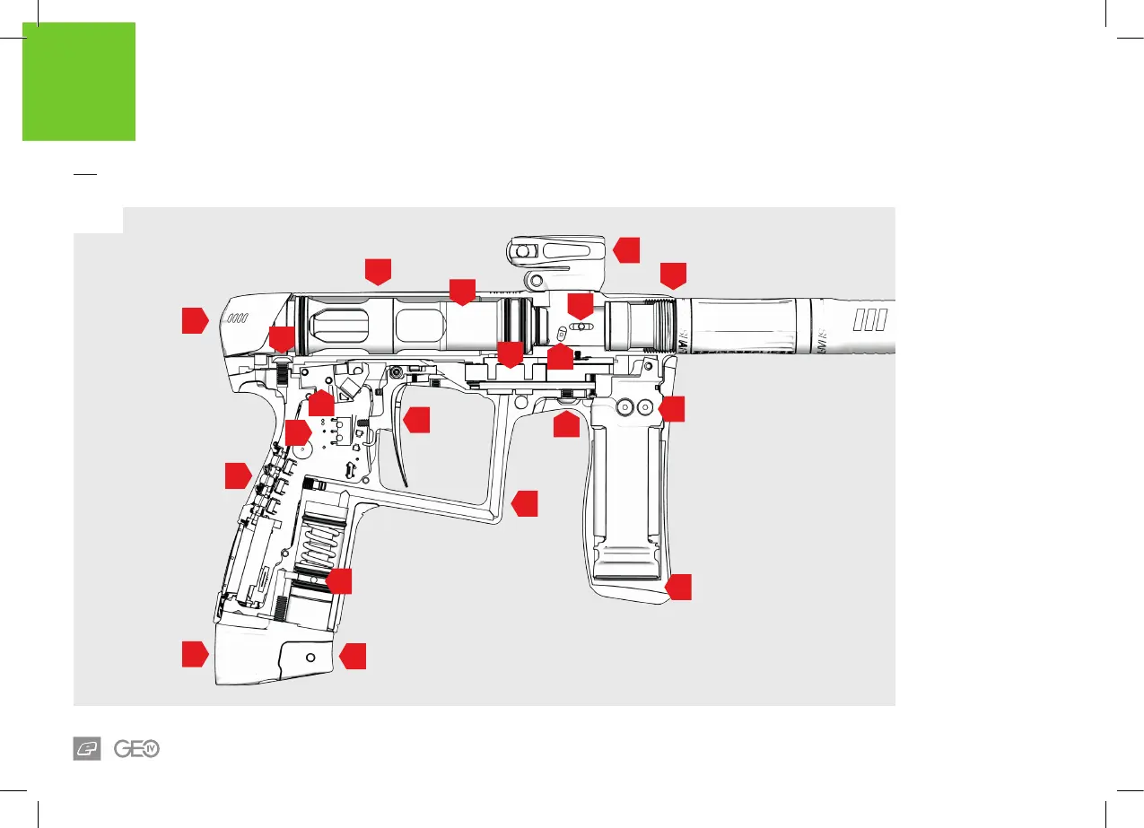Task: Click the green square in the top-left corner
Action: click(x=79, y=82)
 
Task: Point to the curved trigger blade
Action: click(x=399, y=449)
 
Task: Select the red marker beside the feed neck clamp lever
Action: click(x=627, y=249)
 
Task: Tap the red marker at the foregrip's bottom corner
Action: click(x=679, y=588)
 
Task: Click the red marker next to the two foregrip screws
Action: click(x=672, y=409)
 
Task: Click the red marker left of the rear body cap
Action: click(x=195, y=320)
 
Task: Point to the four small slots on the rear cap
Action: click(x=238, y=318)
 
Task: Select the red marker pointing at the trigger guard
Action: click(x=525, y=503)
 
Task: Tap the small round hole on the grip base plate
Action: click(x=310, y=658)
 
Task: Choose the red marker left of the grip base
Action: click(x=195, y=654)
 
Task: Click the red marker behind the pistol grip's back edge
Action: click(x=237, y=475)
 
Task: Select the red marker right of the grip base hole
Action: click(x=354, y=656)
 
